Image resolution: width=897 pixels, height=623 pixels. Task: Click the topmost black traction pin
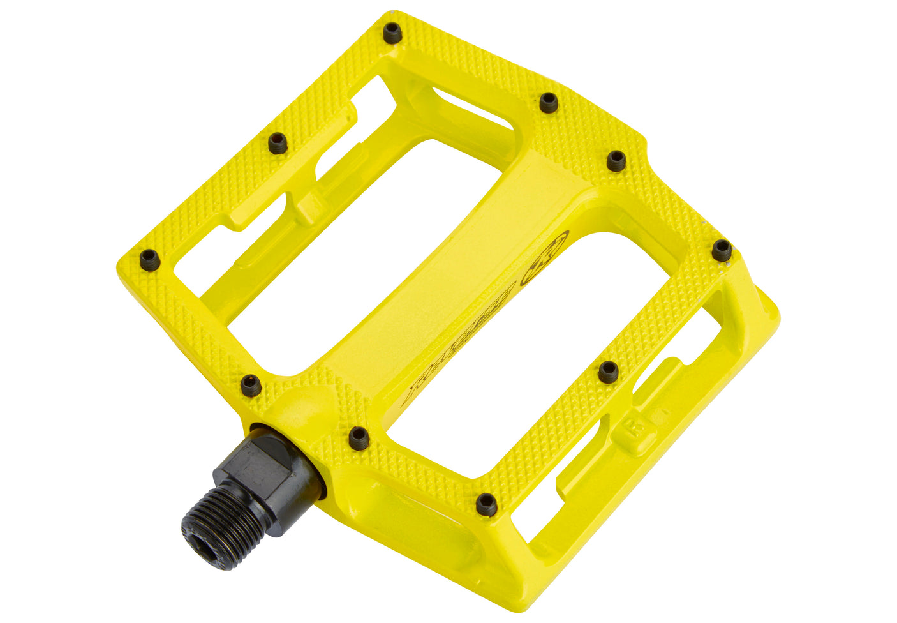pyautogui.click(x=392, y=32)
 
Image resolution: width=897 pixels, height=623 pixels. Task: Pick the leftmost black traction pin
pyautogui.click(x=149, y=259)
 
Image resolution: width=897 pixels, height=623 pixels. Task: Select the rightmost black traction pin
pyautogui.click(x=722, y=250)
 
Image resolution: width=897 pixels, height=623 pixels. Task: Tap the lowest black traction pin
pyautogui.click(x=486, y=504)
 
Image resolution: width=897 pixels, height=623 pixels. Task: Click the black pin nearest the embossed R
pyautogui.click(x=608, y=372)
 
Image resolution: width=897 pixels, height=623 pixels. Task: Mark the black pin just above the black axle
pyautogui.click(x=251, y=386)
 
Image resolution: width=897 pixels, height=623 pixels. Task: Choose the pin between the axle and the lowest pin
pyautogui.click(x=359, y=437)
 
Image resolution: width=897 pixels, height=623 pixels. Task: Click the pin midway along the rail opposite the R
pyautogui.click(x=278, y=143)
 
